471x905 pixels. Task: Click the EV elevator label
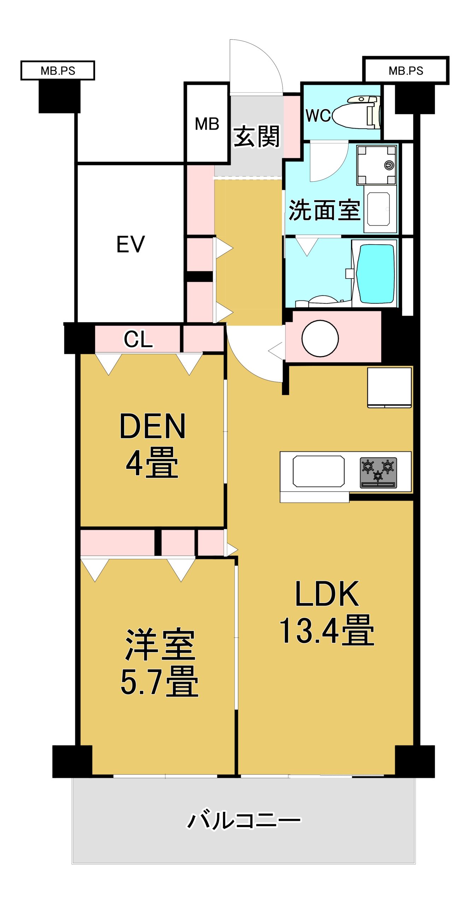(x=130, y=244)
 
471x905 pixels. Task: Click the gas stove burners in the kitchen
(x=378, y=473)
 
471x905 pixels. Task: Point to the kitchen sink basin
(x=318, y=471)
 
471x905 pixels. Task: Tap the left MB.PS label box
(x=58, y=70)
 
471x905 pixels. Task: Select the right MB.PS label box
(x=406, y=70)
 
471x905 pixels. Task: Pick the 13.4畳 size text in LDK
(x=327, y=630)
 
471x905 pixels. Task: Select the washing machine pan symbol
(x=376, y=165)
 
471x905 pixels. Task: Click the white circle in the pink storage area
(x=320, y=338)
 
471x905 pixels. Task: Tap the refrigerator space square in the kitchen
(x=389, y=387)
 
